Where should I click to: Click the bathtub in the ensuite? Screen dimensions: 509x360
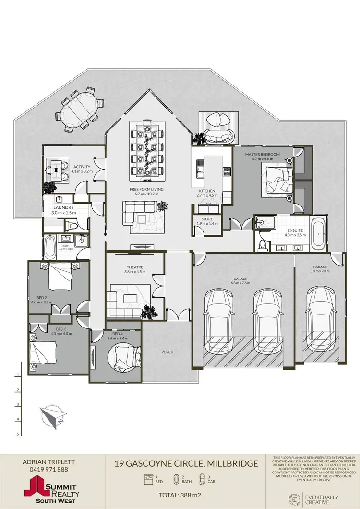[x=318, y=235]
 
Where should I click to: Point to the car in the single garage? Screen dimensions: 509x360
[x=320, y=324]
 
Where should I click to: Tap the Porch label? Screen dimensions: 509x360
[x=167, y=352]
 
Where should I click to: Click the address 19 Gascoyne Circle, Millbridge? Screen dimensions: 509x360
[x=186, y=464]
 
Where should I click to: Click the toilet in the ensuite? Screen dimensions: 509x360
[x=262, y=245]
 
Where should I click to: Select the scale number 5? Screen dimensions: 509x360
[x=18, y=434]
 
